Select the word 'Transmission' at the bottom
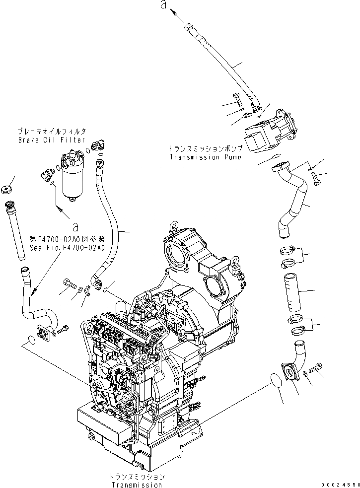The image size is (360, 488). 137,485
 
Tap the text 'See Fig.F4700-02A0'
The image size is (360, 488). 67,247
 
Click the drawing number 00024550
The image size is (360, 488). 339,484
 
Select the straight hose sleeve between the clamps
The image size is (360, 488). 292,292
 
